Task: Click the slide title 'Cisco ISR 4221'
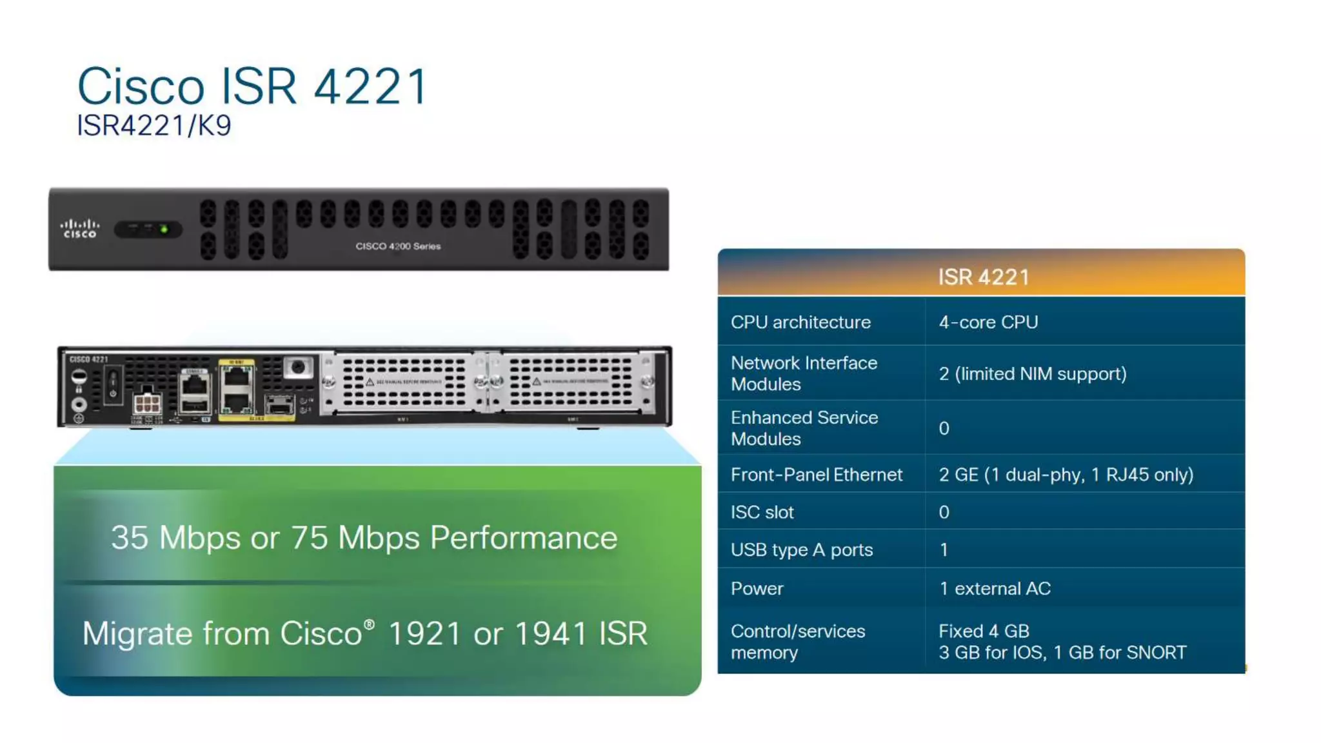(252, 86)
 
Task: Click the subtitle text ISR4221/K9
(154, 126)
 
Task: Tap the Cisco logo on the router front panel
(80, 229)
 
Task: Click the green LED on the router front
(164, 229)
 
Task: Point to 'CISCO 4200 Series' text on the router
(398, 246)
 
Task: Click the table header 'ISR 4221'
(983, 277)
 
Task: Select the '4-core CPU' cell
(988, 322)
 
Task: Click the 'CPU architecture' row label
(800, 322)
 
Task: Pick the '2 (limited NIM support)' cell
(1032, 373)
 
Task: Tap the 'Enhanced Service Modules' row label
(804, 428)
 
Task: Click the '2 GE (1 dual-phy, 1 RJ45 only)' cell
(1066, 475)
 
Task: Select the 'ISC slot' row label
(762, 512)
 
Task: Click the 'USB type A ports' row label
(801, 550)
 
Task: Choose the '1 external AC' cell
(995, 588)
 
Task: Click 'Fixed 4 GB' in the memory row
(984, 631)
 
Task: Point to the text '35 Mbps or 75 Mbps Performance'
(364, 537)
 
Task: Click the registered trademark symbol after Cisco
(369, 624)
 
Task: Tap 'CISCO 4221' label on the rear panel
(88, 359)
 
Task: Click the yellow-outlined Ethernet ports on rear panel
(237, 390)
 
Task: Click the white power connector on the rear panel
(146, 404)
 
